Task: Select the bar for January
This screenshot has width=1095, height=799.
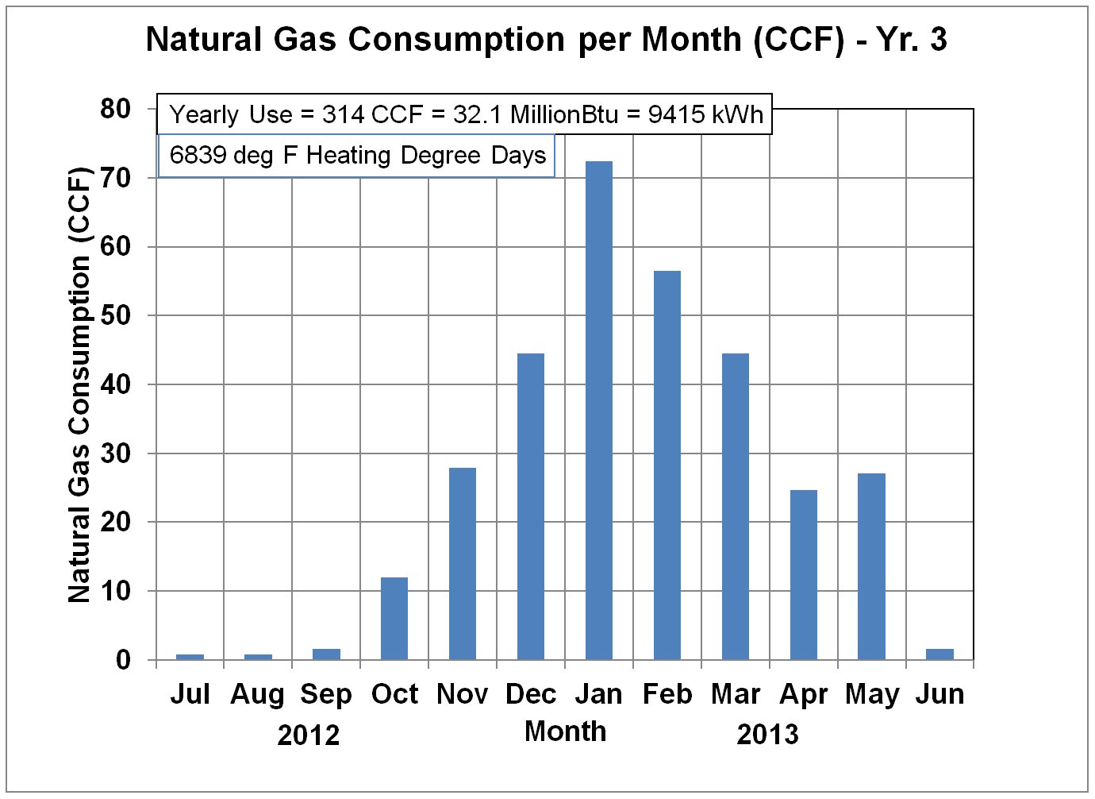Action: [599, 411]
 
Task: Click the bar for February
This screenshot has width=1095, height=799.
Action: [667, 465]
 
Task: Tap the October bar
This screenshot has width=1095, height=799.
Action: [394, 618]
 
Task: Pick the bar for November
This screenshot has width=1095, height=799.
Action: [463, 563]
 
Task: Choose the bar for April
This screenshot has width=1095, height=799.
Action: [804, 574]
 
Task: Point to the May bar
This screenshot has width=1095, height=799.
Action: [872, 566]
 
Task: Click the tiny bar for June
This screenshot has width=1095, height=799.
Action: [940, 654]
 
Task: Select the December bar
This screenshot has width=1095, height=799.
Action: [531, 507]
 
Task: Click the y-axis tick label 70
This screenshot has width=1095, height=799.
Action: [116, 178]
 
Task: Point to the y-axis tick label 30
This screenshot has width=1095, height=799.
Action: [116, 454]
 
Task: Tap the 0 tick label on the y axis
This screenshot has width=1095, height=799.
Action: [123, 660]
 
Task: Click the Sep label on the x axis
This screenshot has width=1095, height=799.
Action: [326, 695]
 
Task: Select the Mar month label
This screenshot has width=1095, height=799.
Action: [736, 694]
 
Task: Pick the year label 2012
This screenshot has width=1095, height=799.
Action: [309, 735]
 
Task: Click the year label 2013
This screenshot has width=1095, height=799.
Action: [767, 735]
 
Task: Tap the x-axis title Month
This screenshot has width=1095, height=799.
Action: [566, 731]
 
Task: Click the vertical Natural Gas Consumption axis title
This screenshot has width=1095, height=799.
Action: [80, 384]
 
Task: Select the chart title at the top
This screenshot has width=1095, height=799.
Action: [547, 40]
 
